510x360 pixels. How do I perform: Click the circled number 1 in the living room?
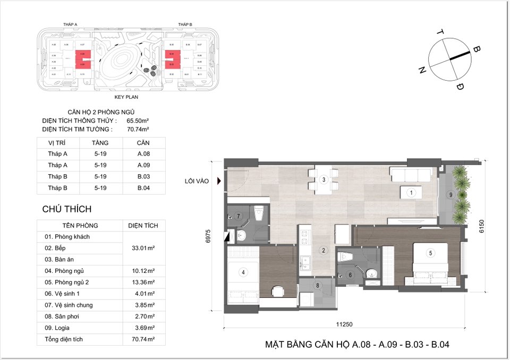click(x=411, y=193)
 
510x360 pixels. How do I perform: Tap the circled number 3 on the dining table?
click(x=323, y=180)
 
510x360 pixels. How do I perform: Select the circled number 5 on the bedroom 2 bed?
click(x=431, y=253)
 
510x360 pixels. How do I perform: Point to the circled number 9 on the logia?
click(x=450, y=195)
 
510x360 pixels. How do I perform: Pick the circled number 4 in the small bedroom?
click(x=243, y=272)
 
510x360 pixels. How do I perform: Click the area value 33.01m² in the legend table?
click(x=143, y=248)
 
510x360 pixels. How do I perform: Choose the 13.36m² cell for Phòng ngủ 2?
click(x=143, y=282)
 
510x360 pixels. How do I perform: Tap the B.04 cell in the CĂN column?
click(x=143, y=188)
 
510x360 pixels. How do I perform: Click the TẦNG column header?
click(x=100, y=143)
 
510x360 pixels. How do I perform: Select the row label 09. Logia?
click(x=59, y=328)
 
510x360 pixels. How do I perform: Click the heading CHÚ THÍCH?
click(x=67, y=209)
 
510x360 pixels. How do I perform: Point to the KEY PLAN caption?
click(x=127, y=98)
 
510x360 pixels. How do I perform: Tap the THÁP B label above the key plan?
click(x=185, y=25)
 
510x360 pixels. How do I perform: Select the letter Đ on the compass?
click(x=460, y=87)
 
